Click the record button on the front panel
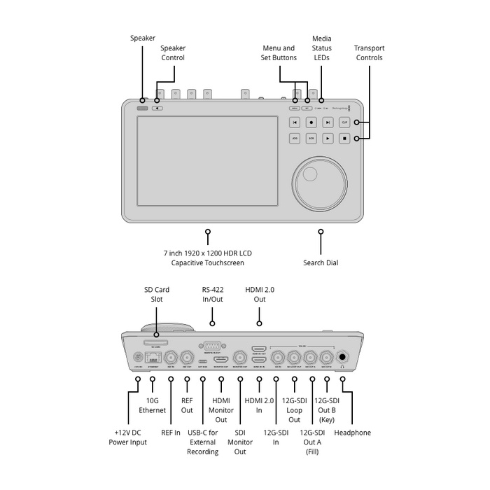click(x=311, y=122)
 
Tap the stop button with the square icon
click(x=344, y=139)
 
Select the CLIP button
click(x=344, y=122)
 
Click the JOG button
click(x=295, y=139)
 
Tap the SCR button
click(x=311, y=139)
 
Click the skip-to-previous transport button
click(x=295, y=122)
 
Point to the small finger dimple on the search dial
click(x=311, y=173)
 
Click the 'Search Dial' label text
click(x=321, y=262)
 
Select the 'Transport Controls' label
click(x=369, y=52)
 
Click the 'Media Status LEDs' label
click(x=321, y=48)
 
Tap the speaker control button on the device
click(x=157, y=108)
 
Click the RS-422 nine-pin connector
click(x=211, y=345)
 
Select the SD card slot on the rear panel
click(x=155, y=343)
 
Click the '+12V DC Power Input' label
click(x=127, y=437)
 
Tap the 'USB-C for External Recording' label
click(x=202, y=442)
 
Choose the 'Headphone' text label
click(x=353, y=433)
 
